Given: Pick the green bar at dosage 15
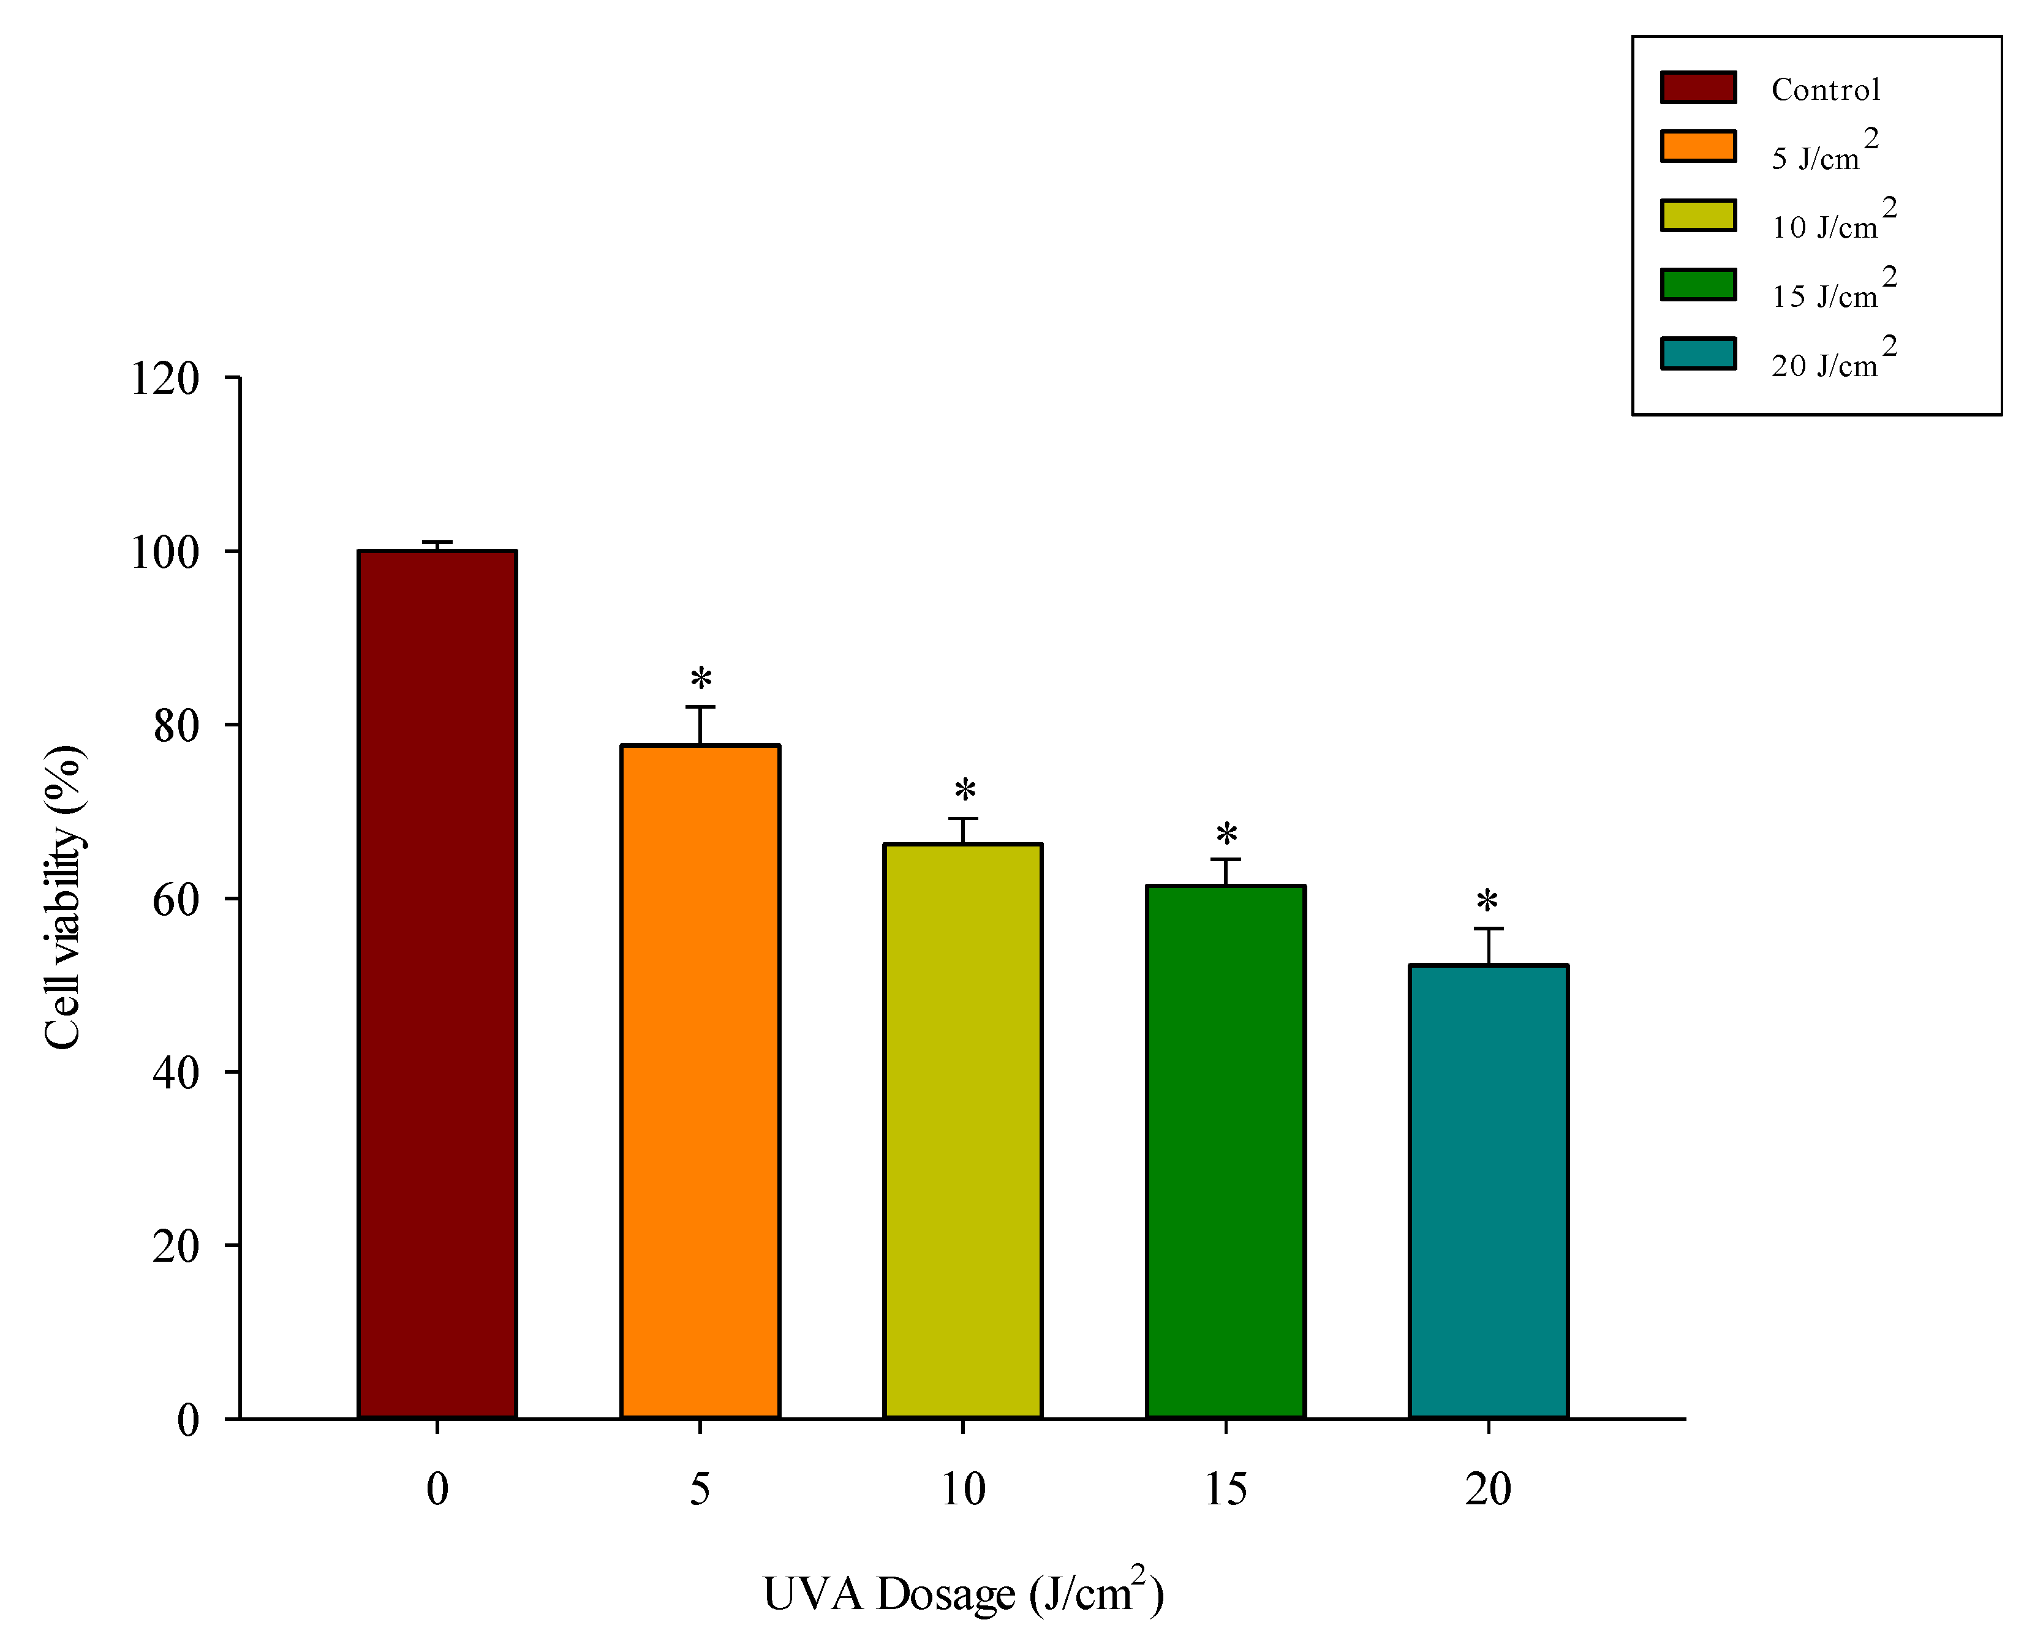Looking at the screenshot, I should [x=1226, y=1152].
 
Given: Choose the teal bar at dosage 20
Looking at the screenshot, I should [x=1489, y=1191].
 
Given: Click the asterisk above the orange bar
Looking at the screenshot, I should [x=701, y=679].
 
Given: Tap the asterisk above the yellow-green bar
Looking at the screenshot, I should [x=965, y=790].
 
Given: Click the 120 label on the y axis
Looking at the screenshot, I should [x=165, y=379].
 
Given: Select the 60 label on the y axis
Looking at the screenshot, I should [x=176, y=899].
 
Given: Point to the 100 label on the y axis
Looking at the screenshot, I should [x=165, y=552].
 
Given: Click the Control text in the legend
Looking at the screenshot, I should [x=1825, y=89].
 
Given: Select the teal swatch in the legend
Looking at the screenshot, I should [x=1698, y=353].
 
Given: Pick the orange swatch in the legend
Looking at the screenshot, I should [x=1698, y=146].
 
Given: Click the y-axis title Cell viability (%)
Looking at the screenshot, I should [x=64, y=897].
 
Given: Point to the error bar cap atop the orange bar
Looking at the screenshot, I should [x=700, y=707].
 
